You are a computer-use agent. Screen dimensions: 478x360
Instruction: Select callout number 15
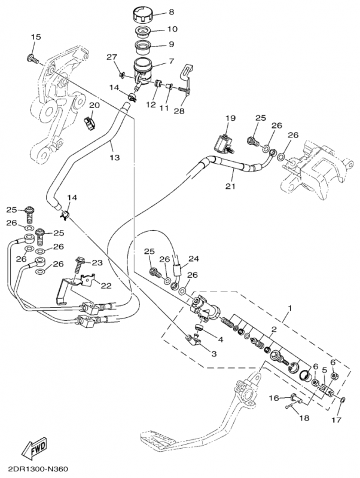[x=35, y=38]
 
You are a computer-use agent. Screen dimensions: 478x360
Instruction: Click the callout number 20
[x=93, y=105]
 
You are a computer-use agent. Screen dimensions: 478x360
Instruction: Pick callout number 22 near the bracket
[x=105, y=285]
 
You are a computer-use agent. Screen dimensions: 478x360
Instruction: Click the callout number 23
[x=97, y=262]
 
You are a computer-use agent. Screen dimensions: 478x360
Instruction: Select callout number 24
[x=193, y=259]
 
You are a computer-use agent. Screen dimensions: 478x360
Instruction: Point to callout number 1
[x=290, y=309]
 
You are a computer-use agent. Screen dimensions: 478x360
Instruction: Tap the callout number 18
[x=304, y=418]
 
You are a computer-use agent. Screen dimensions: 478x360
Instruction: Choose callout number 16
[x=273, y=397]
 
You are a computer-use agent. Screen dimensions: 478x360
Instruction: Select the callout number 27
[x=111, y=57]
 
